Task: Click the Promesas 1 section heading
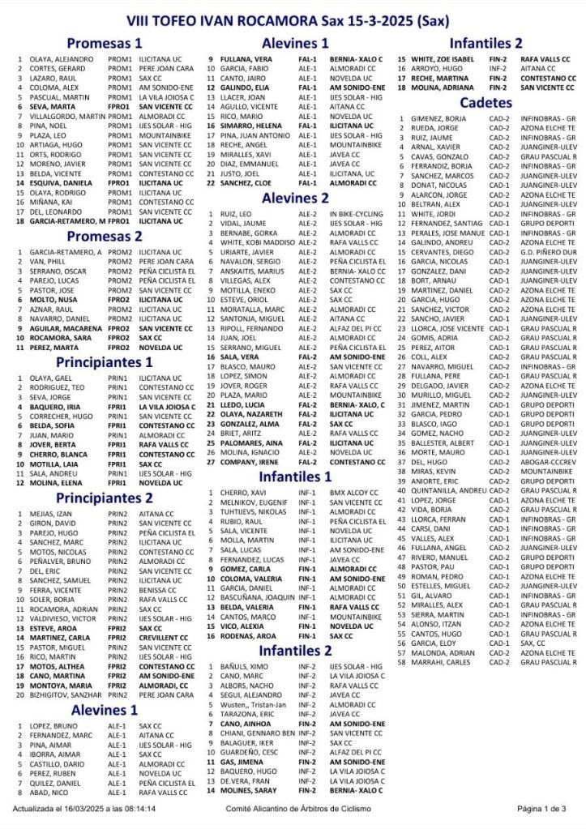point(104,44)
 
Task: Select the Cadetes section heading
point(485,103)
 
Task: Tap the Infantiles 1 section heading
point(295,476)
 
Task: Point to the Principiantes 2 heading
point(104,498)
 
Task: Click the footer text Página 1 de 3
point(541,808)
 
